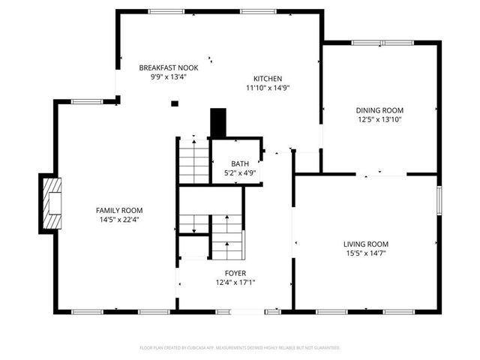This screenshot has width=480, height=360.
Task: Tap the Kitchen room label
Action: point(267,79)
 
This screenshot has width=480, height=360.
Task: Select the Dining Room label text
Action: point(379,110)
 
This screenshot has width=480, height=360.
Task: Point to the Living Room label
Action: point(366,244)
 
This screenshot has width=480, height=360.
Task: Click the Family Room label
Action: point(118,211)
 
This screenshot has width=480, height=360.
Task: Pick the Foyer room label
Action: point(235,273)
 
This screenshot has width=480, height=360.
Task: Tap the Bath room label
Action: point(240,163)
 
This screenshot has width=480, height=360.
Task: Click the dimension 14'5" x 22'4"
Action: point(118,220)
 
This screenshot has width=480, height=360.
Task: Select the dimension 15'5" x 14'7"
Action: point(366,253)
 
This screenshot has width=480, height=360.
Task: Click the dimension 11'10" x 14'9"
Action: point(268,88)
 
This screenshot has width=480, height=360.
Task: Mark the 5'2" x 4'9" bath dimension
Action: point(240,173)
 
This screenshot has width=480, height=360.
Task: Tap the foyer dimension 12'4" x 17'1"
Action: point(235,283)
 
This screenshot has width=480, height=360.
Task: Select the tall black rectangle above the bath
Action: point(218,123)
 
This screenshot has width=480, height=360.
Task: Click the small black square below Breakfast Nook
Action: point(174,104)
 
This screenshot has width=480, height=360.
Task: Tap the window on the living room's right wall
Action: point(439,202)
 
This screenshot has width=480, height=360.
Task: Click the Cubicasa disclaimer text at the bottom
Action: point(240,348)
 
